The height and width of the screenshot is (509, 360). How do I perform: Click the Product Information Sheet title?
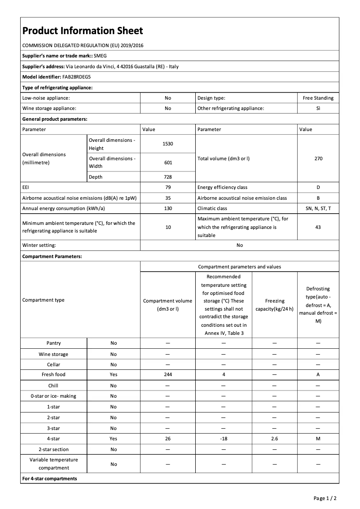(x=83, y=31)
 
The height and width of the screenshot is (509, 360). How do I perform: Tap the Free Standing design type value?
(x=318, y=97)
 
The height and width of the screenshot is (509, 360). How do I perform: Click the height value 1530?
(x=168, y=144)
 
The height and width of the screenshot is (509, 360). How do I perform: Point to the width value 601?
(x=168, y=162)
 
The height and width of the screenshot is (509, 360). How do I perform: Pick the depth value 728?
(x=168, y=177)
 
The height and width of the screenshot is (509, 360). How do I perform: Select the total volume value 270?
(x=318, y=158)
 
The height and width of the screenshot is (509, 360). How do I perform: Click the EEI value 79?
(x=168, y=187)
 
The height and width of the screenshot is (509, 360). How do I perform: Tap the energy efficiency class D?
(x=318, y=187)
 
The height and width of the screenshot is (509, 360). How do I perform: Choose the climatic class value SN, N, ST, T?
(x=318, y=208)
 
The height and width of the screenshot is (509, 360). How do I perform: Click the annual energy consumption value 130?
(x=168, y=208)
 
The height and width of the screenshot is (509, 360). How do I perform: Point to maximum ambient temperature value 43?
(x=318, y=227)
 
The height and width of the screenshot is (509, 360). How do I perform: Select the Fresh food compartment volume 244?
(x=168, y=374)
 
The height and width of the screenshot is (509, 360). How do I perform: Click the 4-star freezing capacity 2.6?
(x=274, y=439)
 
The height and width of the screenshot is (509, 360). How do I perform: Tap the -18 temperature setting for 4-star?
(x=224, y=439)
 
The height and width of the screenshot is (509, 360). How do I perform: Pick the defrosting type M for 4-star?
(x=318, y=439)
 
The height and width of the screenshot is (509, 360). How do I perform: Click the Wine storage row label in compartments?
(x=53, y=354)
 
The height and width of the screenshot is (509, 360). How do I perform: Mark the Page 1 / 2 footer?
(x=325, y=498)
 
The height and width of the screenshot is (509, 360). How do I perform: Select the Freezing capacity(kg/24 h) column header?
(x=274, y=304)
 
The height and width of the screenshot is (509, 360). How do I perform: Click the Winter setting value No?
(x=239, y=245)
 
